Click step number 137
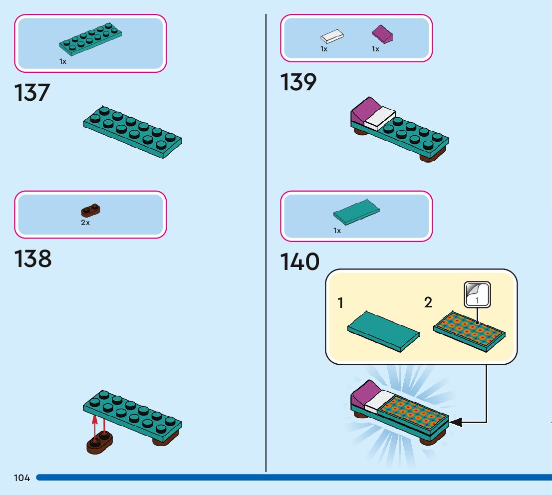point(32,93)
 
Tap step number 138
point(33,259)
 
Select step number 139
point(298,82)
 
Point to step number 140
point(299,262)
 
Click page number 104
point(22,478)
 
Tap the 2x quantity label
point(85,223)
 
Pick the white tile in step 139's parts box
point(332,36)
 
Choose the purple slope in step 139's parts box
point(383,35)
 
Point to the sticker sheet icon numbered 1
point(477,295)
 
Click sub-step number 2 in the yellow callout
point(428,302)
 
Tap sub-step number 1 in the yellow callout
point(340,303)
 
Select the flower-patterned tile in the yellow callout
point(469,330)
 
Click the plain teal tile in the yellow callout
point(382,331)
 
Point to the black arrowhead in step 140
point(456,423)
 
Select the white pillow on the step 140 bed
point(379,400)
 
